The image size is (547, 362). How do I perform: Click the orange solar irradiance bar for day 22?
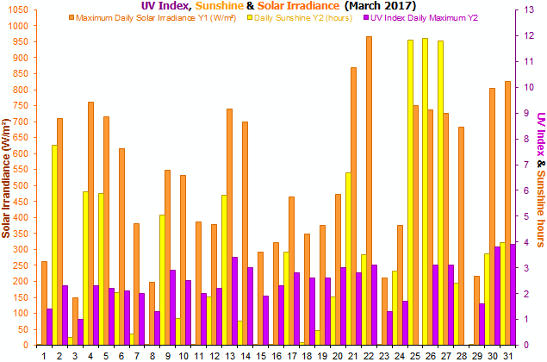(369, 190)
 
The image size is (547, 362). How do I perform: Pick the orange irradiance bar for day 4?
(90, 223)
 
